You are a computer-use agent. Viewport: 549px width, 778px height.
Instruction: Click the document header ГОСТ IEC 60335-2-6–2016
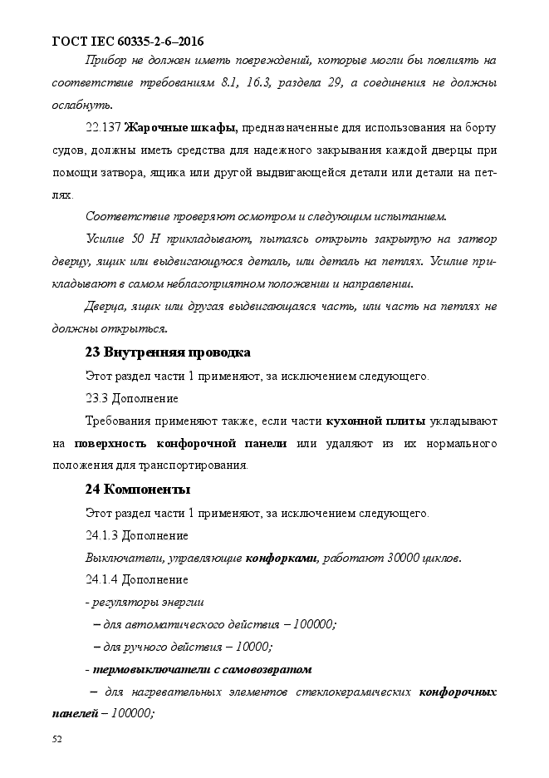(x=128, y=41)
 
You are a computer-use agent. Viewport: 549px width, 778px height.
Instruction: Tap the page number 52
(x=57, y=738)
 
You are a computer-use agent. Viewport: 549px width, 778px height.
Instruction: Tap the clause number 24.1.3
(x=102, y=534)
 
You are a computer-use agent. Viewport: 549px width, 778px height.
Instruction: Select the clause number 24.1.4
(x=102, y=579)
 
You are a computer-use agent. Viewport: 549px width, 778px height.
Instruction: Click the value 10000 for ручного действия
(x=252, y=647)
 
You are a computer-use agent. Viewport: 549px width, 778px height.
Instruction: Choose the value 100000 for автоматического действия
(x=313, y=624)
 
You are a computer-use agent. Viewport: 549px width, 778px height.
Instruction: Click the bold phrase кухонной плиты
(x=377, y=421)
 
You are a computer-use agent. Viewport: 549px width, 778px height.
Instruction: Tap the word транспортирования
(x=196, y=465)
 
